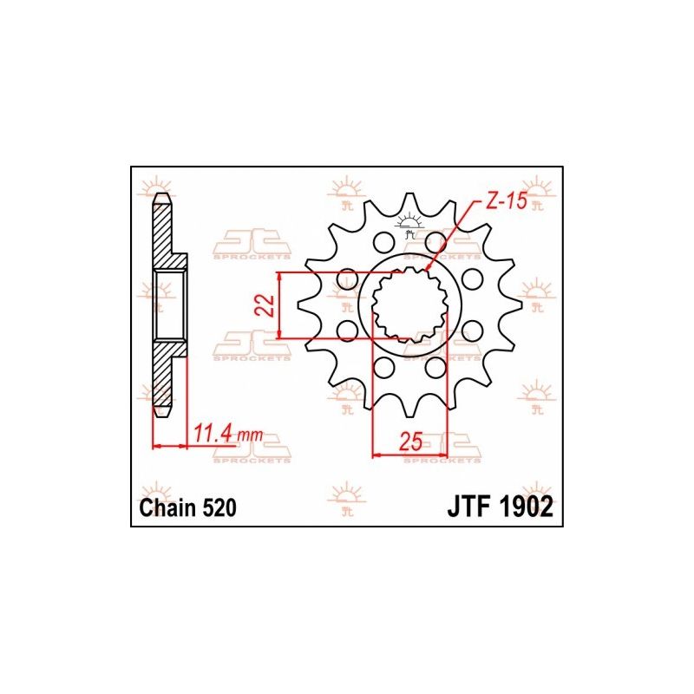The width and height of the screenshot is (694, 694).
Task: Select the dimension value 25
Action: click(410, 441)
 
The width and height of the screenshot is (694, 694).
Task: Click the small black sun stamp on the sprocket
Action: click(409, 228)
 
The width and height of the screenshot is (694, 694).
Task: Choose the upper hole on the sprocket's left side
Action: click(349, 279)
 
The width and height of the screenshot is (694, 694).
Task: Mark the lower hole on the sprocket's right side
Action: click(472, 330)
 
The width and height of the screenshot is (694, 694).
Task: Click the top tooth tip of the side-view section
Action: click(160, 198)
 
